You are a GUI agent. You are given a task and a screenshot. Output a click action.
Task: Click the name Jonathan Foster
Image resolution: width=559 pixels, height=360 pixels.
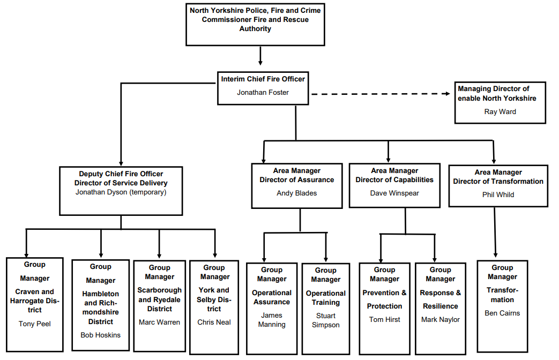[x=263, y=93]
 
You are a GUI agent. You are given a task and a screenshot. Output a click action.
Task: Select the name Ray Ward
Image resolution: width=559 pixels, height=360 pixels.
[x=500, y=112]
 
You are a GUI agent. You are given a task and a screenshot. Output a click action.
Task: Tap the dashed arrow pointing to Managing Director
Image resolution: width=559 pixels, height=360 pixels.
[x=381, y=94]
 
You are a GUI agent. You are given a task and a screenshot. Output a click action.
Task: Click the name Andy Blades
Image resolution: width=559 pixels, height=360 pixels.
[x=296, y=193]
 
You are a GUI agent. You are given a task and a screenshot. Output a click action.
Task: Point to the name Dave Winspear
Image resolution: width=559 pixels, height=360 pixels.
[x=394, y=193]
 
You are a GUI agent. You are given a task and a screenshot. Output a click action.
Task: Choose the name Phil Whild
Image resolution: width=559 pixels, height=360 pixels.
[x=498, y=194]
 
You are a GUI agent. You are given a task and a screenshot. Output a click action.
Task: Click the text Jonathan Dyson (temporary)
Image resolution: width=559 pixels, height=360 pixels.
[x=121, y=192]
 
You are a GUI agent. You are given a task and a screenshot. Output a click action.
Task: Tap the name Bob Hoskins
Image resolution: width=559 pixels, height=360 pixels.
[x=101, y=335]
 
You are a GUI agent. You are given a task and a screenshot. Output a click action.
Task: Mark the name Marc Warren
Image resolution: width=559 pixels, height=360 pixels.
[x=159, y=322]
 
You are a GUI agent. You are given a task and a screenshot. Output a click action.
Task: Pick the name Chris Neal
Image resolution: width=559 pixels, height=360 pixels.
[x=214, y=322]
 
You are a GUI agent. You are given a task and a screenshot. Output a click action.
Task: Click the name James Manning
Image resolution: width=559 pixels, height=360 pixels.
[x=272, y=320]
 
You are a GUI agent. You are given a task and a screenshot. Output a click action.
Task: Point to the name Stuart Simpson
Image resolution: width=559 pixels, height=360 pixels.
[x=325, y=320]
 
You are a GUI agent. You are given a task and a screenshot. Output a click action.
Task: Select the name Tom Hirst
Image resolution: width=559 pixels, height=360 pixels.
[x=384, y=320]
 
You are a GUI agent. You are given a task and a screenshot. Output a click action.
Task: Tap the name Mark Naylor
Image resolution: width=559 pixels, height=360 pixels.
[x=440, y=320]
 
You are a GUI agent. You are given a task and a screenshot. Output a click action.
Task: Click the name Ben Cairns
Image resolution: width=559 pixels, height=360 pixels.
[x=502, y=313]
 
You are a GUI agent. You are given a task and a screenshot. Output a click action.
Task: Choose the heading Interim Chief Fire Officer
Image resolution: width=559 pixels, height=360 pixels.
[x=263, y=79]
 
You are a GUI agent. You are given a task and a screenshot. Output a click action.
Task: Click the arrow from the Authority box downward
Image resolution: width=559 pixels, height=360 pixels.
[x=260, y=56]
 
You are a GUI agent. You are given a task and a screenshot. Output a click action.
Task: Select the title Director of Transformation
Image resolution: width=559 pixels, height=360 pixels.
[x=498, y=181]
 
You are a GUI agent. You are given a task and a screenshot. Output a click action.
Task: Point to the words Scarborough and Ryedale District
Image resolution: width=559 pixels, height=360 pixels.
[x=159, y=299]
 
